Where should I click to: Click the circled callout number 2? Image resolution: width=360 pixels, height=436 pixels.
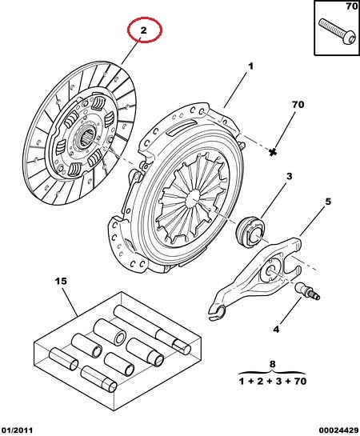point(143,30)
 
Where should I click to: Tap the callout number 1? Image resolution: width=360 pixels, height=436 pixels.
point(250,66)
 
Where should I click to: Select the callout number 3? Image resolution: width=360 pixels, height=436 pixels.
point(290,176)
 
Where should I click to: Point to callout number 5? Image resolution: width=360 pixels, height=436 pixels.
point(328,202)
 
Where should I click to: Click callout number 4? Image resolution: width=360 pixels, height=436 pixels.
point(276,330)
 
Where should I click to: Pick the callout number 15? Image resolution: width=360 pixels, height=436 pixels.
point(61,281)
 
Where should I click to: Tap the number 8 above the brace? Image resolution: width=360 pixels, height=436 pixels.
point(273,364)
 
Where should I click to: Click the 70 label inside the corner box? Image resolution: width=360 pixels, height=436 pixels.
point(352,6)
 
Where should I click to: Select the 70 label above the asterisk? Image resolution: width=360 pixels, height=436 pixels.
point(298,105)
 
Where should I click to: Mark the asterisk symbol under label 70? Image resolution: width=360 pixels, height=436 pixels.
point(274,152)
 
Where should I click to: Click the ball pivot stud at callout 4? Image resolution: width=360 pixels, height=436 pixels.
point(308,291)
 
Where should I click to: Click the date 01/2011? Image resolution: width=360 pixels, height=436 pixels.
point(17,430)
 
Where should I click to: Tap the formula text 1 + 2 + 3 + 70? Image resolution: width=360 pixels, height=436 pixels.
point(273,381)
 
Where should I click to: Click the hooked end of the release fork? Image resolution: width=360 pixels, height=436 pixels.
point(218,313)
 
